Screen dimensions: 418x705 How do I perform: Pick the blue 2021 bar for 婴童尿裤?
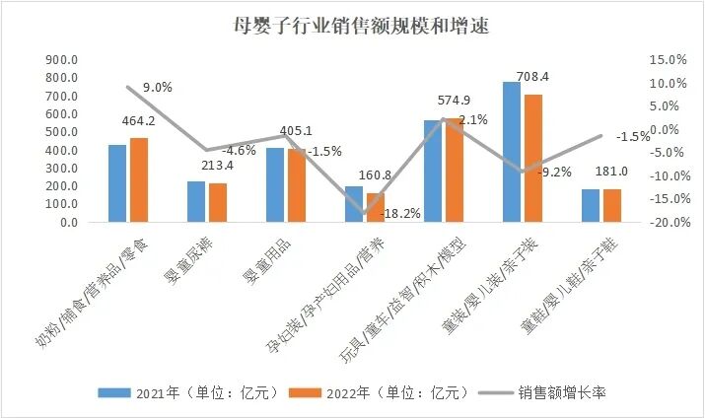[x=196, y=201]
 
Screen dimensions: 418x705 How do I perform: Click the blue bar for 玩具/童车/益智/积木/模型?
[x=433, y=171]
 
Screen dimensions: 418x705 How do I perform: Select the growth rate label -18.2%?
[x=401, y=213]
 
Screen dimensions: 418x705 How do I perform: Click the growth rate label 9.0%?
[x=158, y=88]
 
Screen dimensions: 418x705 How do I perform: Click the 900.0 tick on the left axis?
[x=62, y=59]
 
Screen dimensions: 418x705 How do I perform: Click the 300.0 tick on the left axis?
[x=62, y=169]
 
